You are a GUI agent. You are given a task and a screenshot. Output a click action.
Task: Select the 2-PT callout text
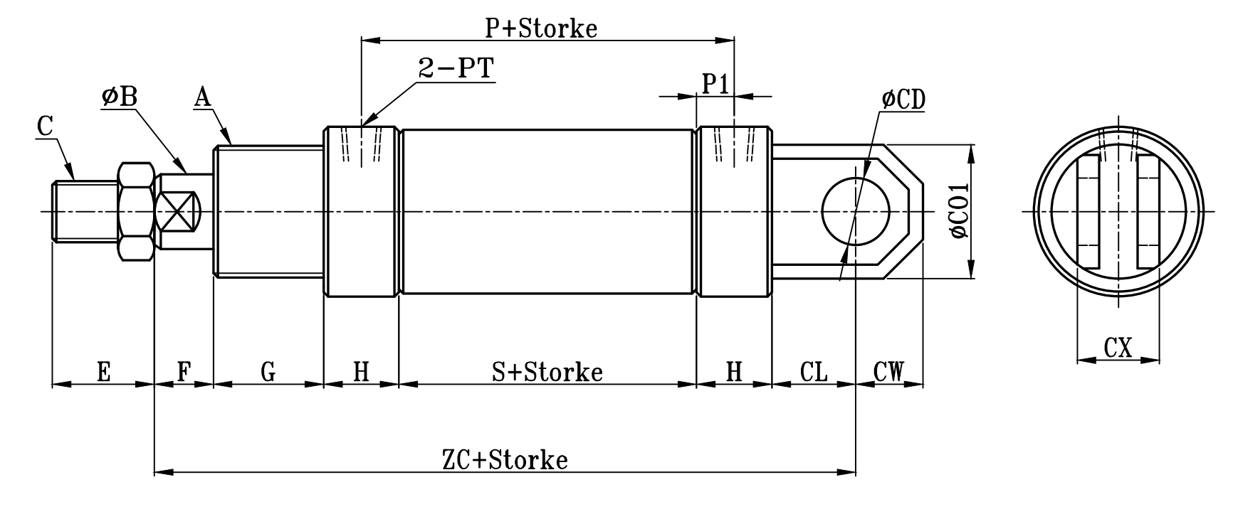pos(456,68)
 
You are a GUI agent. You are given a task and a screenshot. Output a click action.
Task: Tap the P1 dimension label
pos(715,84)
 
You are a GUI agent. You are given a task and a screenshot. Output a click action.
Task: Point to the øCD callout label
pos(903,100)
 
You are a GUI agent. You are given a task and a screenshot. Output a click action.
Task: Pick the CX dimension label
pos(1118,348)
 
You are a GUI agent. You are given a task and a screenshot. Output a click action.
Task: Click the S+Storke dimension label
pos(547,371)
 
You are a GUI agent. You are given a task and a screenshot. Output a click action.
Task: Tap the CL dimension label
pos(814,371)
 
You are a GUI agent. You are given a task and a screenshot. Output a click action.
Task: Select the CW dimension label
pos(888,371)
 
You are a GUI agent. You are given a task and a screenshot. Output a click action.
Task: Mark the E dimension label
pos(103,371)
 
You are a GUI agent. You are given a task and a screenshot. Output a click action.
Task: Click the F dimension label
pos(184,371)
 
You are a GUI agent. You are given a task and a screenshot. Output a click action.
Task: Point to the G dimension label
pos(268,371)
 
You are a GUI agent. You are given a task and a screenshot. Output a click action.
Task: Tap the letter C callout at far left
pos(45,127)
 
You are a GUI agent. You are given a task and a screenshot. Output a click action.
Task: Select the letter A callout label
pos(203,97)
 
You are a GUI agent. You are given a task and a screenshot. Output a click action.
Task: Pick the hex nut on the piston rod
pos(136,211)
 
